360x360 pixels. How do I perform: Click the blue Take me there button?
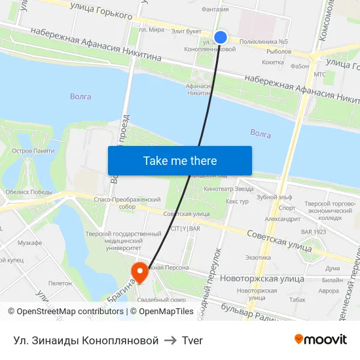(x=180, y=160)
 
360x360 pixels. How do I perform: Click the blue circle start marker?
(x=221, y=37)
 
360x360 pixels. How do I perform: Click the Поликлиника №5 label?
(x=264, y=41)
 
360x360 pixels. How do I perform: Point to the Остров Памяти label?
(x=33, y=151)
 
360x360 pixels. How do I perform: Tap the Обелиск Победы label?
(x=28, y=192)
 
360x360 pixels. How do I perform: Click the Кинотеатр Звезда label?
(x=228, y=189)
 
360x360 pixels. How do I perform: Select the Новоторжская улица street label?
(x=262, y=279)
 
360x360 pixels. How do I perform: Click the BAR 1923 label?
(x=313, y=232)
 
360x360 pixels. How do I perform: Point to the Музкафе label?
(x=29, y=243)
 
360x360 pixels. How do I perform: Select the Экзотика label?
(x=258, y=257)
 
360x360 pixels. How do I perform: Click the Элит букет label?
(x=186, y=31)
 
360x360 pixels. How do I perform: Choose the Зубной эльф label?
(x=274, y=196)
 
